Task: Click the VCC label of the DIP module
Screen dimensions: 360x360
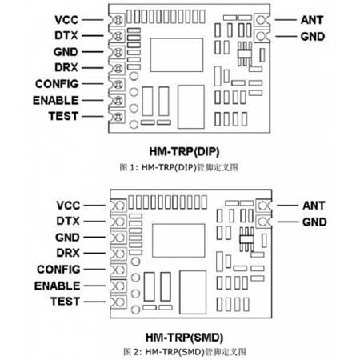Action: [66, 20]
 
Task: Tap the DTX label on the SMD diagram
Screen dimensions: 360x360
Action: [68, 221]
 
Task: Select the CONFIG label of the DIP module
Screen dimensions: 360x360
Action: [57, 84]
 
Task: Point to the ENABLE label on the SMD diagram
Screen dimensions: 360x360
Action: [57, 286]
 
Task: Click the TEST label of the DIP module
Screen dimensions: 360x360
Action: [63, 116]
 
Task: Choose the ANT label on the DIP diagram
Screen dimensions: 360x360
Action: [312, 20]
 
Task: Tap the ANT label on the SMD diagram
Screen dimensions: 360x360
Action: [314, 206]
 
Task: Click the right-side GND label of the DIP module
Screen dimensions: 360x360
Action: [313, 37]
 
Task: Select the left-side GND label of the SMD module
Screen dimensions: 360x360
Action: [67, 238]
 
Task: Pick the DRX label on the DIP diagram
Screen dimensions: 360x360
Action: [66, 67]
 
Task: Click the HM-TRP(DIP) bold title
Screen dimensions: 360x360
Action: [184, 152]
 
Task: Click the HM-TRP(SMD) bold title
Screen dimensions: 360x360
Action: [184, 338]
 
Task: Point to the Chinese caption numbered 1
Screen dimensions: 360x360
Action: [178, 167]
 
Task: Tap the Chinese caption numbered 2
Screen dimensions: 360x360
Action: [184, 352]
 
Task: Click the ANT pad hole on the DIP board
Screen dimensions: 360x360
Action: [261, 20]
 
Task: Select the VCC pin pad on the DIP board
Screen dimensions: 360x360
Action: [118, 20]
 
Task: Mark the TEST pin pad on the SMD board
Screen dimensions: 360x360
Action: [120, 302]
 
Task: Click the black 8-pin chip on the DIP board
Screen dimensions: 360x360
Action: [245, 54]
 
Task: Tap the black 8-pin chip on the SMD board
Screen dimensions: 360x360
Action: [246, 239]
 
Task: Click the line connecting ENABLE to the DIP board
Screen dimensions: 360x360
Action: [93, 101]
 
